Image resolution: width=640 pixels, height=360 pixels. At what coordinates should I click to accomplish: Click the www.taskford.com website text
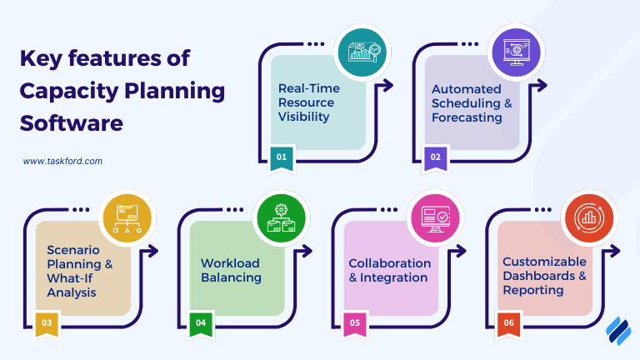tap(62, 162)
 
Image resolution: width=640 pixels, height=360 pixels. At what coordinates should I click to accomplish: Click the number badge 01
tap(281, 157)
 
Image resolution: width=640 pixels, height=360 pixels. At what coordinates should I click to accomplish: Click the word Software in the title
tap(71, 123)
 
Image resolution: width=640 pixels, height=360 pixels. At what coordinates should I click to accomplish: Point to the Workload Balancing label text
tap(231, 270)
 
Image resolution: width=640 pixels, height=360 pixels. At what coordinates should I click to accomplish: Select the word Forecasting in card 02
tap(467, 117)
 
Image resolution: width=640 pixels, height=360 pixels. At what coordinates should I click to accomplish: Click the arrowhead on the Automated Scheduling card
tap(542, 85)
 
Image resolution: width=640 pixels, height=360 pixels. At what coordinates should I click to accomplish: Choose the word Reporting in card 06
tap(533, 290)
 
